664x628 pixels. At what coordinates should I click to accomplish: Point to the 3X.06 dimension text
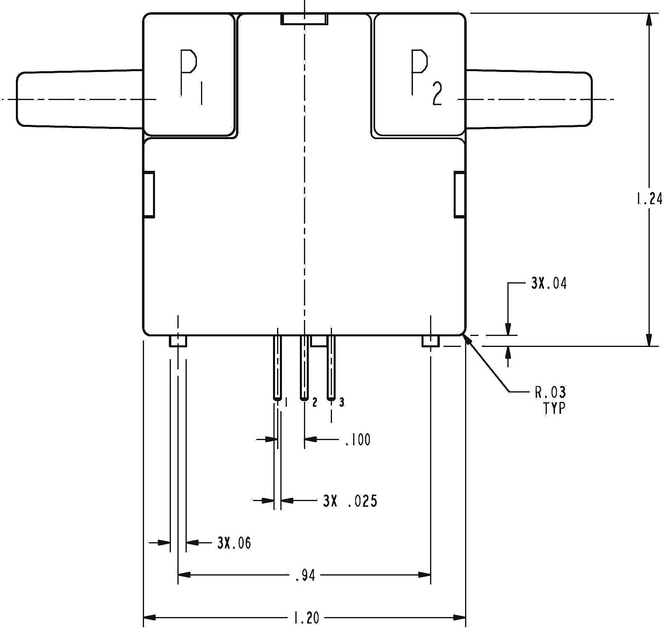pyautogui.click(x=234, y=543)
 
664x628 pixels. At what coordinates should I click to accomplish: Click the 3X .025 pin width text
pyautogui.click(x=350, y=501)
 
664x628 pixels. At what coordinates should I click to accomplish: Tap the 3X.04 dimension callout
pyautogui.click(x=548, y=283)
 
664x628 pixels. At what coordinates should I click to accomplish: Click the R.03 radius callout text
pyautogui.click(x=550, y=392)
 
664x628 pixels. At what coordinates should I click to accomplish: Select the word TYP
pyautogui.click(x=554, y=408)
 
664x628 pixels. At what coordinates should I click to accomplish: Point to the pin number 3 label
pyautogui.click(x=342, y=402)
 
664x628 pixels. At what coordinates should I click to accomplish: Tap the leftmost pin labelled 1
pyautogui.click(x=277, y=367)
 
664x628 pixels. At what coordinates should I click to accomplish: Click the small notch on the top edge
pyautogui.click(x=304, y=19)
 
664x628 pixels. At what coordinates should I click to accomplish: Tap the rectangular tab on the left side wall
pyautogui.click(x=149, y=194)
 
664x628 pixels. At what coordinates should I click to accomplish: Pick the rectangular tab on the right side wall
pyautogui.click(x=459, y=194)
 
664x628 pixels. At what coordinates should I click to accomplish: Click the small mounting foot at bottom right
pyautogui.click(x=430, y=341)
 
